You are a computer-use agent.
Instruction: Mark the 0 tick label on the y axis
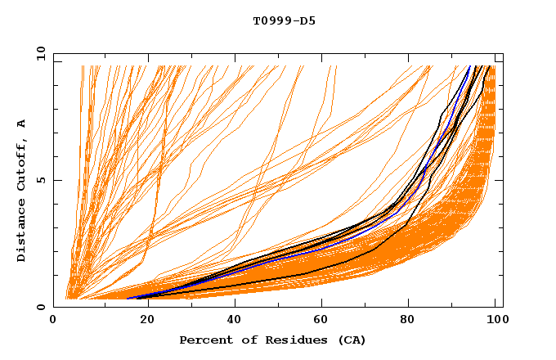(41, 308)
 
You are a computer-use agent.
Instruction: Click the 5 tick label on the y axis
(41, 180)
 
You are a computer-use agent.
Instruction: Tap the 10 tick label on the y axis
(38, 53)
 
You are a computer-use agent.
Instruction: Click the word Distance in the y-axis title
(22, 230)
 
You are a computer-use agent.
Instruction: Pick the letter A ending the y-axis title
(22, 124)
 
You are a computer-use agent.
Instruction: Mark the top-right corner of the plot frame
(503, 53)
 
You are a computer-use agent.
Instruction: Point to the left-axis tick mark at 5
(56, 180)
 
